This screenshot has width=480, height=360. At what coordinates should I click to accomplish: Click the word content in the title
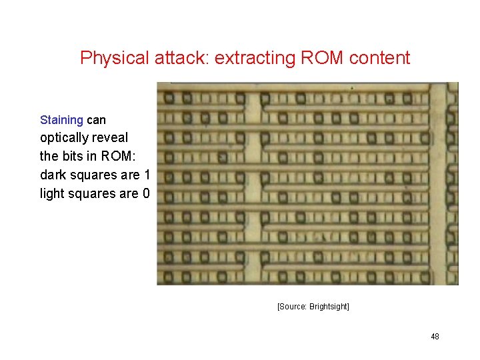click(x=379, y=58)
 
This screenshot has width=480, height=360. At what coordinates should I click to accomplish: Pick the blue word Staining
click(x=61, y=120)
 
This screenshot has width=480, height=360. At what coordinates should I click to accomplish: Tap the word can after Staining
click(x=96, y=120)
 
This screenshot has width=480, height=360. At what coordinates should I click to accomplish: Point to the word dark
click(x=53, y=175)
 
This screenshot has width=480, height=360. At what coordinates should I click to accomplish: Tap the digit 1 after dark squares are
click(x=146, y=175)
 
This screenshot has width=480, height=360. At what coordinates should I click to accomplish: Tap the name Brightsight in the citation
click(x=329, y=307)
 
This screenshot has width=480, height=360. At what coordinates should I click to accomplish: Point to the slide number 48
click(x=435, y=337)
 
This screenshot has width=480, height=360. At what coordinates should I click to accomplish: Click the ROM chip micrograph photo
click(x=307, y=183)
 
